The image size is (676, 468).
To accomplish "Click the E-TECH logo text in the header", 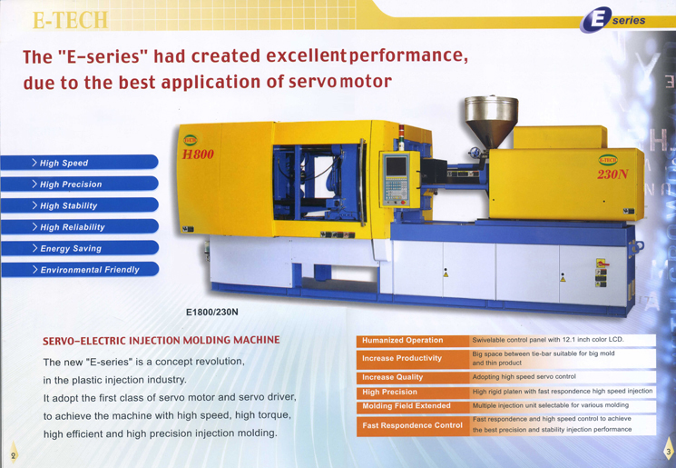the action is click(x=70, y=20).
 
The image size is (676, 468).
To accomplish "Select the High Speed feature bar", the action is click(x=79, y=163).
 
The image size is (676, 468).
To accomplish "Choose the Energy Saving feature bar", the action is click(x=79, y=248).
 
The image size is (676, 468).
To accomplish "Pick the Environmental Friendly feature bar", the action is click(x=79, y=269).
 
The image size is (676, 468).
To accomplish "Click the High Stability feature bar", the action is click(x=79, y=205).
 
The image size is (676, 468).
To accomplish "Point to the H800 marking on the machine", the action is click(x=198, y=154).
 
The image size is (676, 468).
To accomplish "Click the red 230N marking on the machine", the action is click(x=612, y=174).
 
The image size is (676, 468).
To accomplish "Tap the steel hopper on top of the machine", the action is click(x=491, y=122).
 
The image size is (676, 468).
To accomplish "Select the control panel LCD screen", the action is click(x=396, y=166).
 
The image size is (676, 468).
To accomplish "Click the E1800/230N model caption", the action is click(x=212, y=312).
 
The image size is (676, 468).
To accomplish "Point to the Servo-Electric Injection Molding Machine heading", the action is click(x=162, y=340).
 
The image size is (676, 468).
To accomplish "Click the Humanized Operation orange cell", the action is click(x=413, y=340).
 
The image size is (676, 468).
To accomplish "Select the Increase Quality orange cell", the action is click(x=413, y=377).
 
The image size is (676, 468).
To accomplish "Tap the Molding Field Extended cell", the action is click(x=413, y=406).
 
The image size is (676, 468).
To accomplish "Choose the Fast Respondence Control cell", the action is click(x=413, y=425).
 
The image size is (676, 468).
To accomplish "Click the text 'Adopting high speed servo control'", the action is click(x=524, y=376).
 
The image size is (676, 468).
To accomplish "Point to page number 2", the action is click(x=14, y=455).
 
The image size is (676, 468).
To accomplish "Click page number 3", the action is click(x=668, y=452).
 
